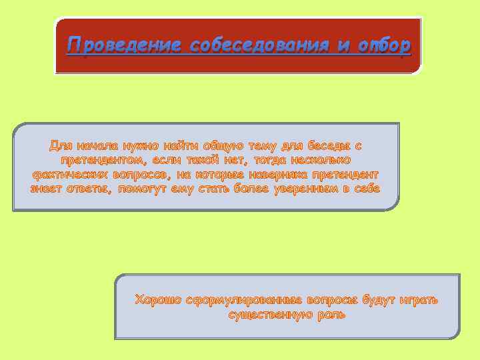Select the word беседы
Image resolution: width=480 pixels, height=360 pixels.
tap(325, 145)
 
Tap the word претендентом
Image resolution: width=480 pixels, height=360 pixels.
tap(100, 160)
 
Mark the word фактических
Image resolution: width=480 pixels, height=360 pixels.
tap(71, 175)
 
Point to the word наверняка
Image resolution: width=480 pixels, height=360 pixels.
tap(283, 175)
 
